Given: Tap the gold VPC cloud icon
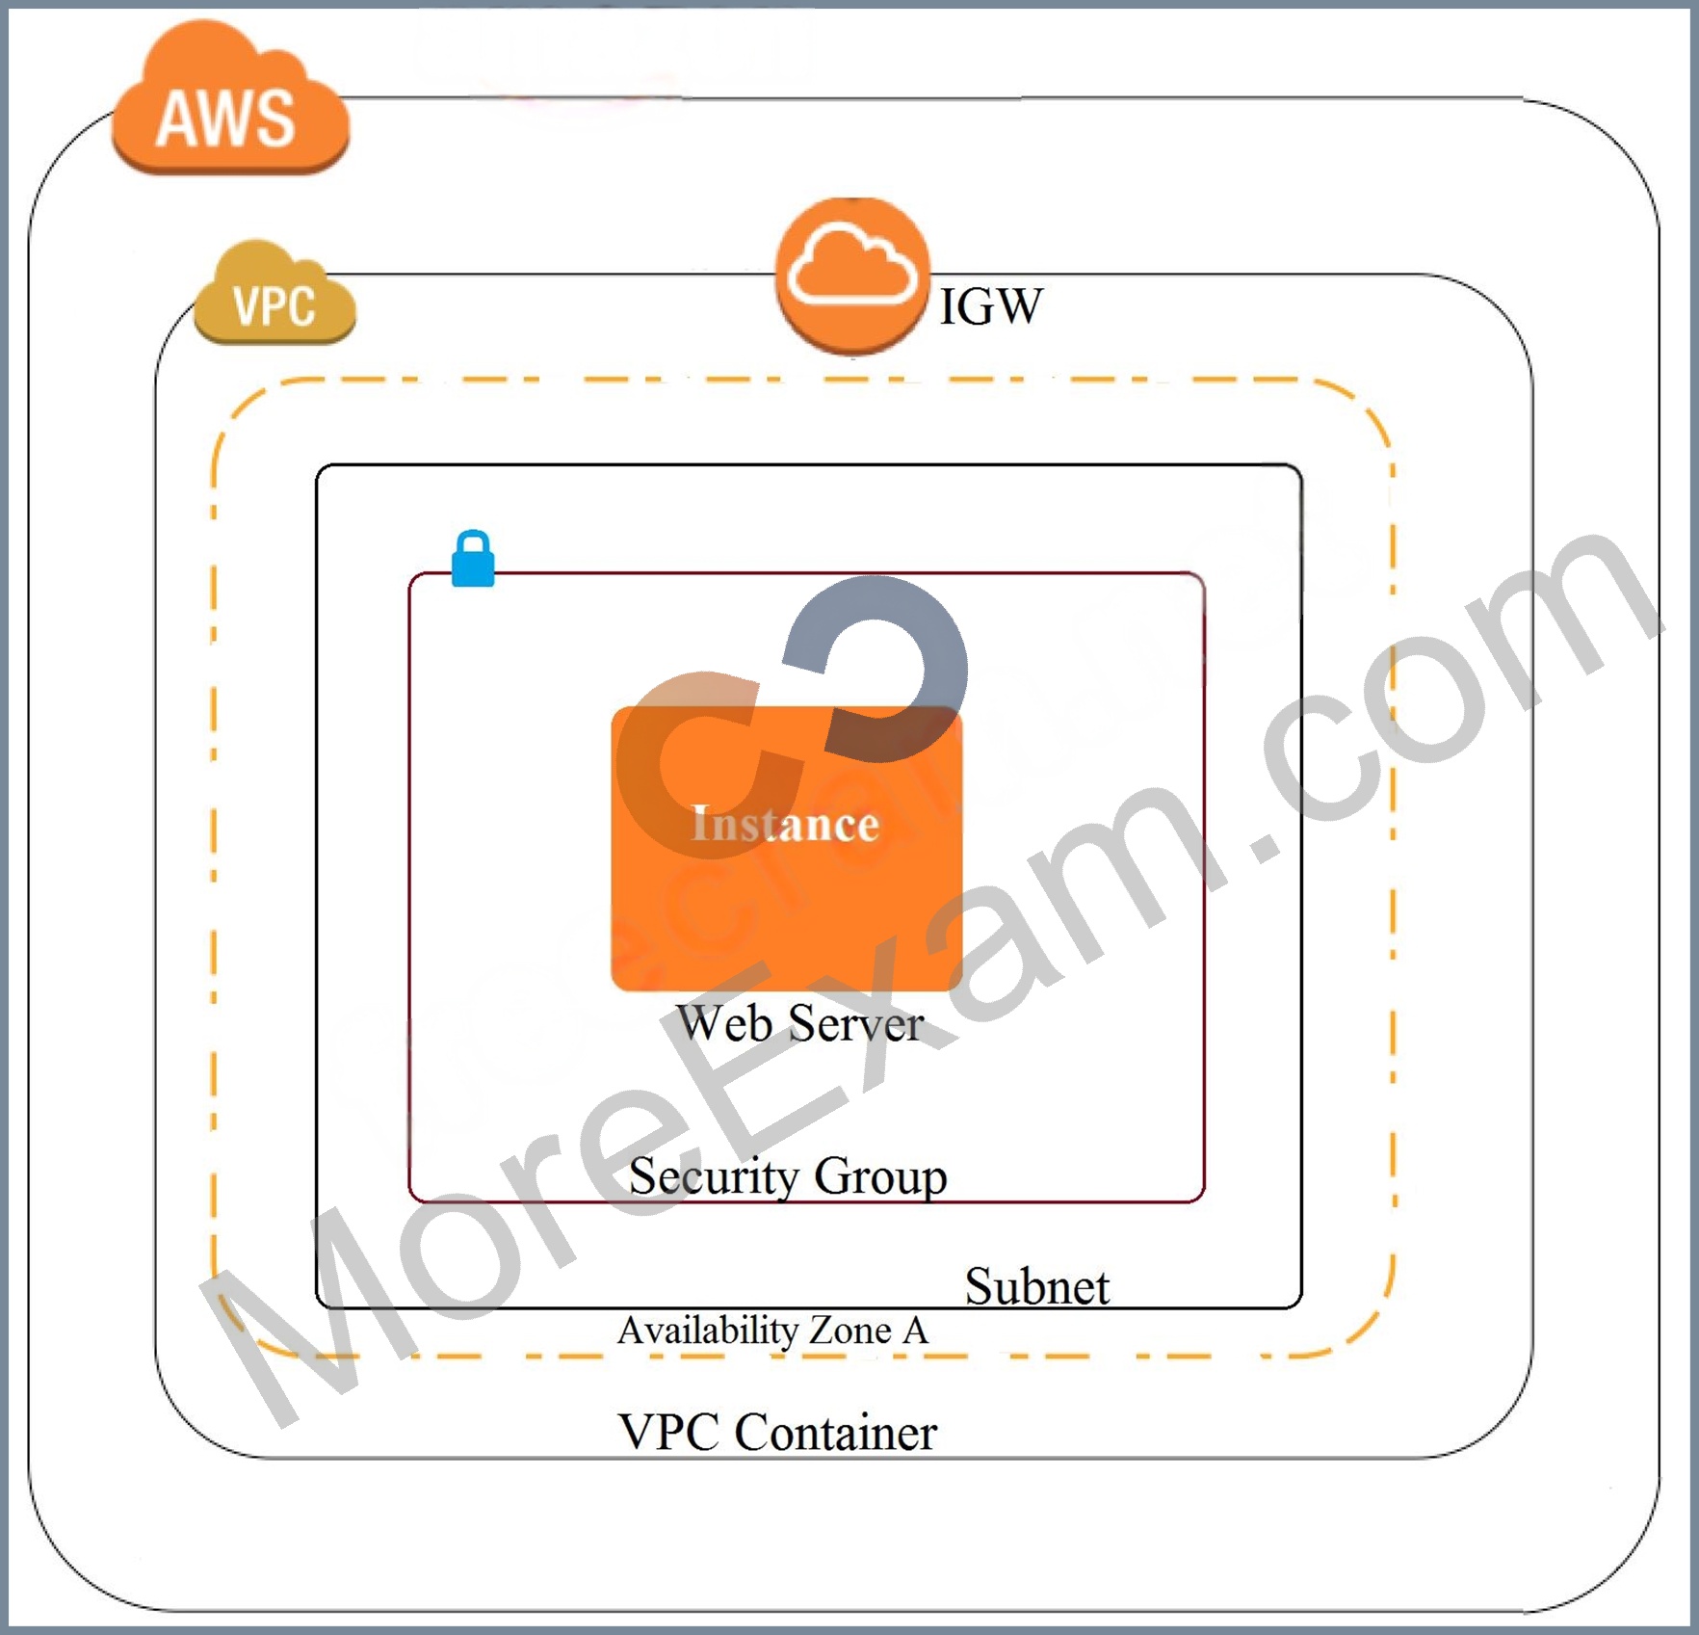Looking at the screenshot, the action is point(274,293).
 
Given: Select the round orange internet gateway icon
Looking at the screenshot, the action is point(852,277).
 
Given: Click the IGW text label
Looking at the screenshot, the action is point(990,306).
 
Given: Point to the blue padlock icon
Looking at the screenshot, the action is point(473,559).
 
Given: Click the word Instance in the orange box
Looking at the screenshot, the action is point(785,824).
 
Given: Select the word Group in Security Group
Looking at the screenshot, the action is point(880,1176).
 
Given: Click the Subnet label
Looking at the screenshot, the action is point(1037,1286).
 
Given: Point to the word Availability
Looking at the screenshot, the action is point(708,1332).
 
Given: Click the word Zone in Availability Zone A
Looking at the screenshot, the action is point(850,1331).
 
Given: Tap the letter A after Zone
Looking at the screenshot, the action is point(915,1331).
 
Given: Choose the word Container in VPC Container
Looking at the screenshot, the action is point(835,1432).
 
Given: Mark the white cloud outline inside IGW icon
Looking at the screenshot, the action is point(852,264).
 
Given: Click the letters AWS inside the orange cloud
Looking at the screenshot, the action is point(225,119).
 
